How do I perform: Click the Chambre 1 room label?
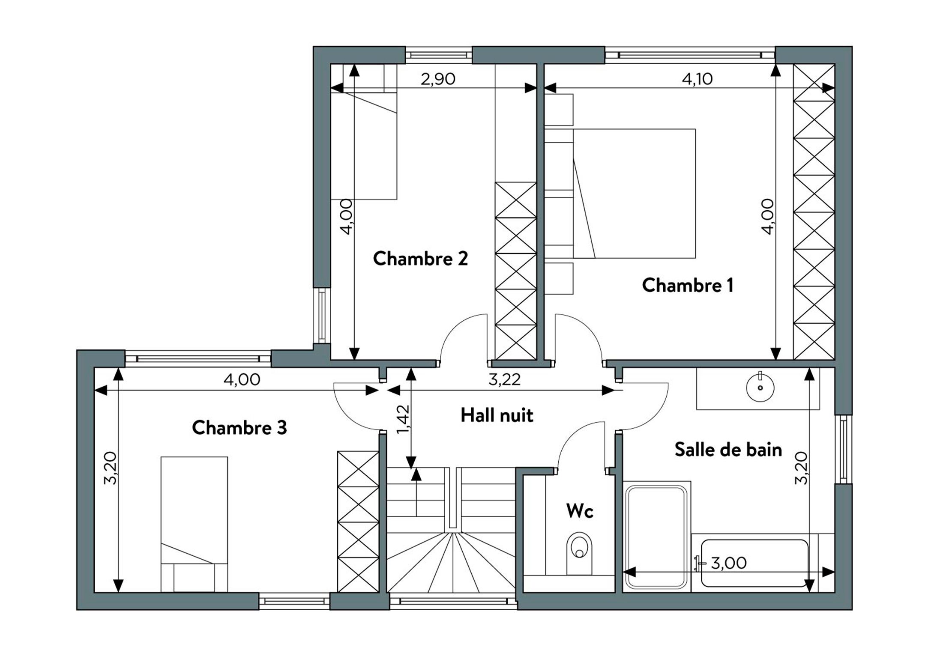click(x=688, y=285)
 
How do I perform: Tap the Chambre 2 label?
click(x=420, y=258)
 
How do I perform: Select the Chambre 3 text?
click(x=239, y=427)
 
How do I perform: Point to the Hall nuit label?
click(x=497, y=415)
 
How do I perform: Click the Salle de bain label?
click(x=728, y=449)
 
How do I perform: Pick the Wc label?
click(x=580, y=510)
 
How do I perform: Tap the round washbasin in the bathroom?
click(x=760, y=388)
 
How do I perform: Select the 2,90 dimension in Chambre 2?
click(x=437, y=79)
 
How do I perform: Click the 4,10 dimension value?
click(x=698, y=79)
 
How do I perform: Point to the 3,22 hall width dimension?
click(x=504, y=379)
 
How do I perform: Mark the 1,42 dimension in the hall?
click(x=403, y=419)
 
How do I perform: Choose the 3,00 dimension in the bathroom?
click(x=729, y=563)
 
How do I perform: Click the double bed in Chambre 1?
click(x=634, y=194)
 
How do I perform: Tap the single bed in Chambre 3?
click(x=194, y=525)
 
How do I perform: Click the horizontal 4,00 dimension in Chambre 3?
click(x=242, y=379)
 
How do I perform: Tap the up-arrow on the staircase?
click(x=416, y=492)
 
